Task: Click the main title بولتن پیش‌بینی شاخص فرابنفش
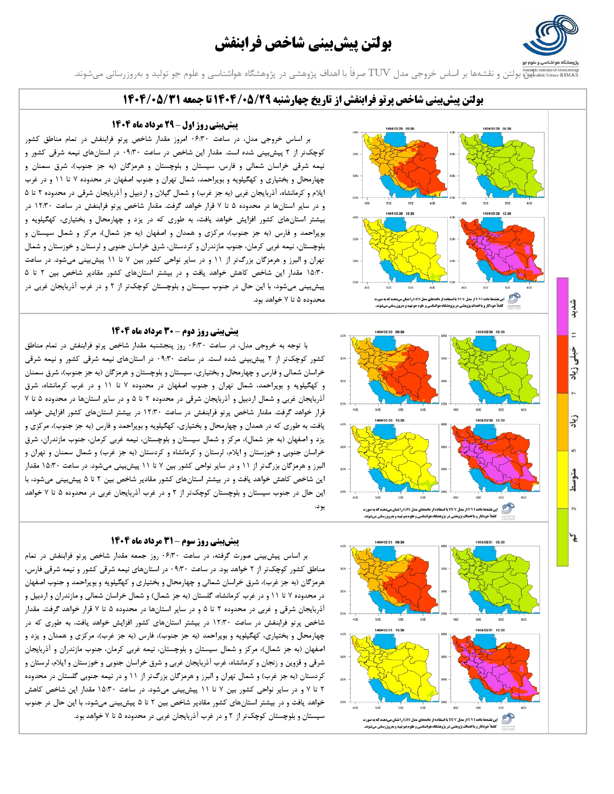[x=303, y=44]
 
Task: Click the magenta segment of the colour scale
[x=562, y=306]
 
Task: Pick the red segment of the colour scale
[x=562, y=364]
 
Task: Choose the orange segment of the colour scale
[x=562, y=422]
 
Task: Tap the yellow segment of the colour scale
[x=562, y=479]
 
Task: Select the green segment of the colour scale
[x=562, y=537]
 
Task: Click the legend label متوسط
[x=575, y=479]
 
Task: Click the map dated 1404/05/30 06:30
[x=494, y=371]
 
